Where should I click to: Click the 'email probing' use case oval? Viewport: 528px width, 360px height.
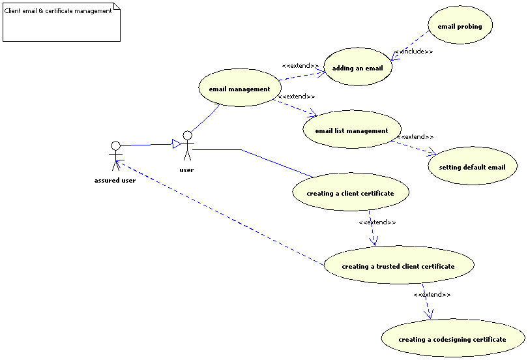[460, 27]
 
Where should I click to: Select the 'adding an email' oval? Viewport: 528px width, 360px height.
[357, 68]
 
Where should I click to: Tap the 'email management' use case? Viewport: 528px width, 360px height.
[239, 89]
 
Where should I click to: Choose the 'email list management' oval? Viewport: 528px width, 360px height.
[351, 130]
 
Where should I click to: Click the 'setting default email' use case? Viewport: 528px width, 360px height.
[472, 167]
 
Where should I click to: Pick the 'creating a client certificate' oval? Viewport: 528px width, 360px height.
[350, 193]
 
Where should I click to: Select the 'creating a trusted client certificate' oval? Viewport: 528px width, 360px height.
[398, 266]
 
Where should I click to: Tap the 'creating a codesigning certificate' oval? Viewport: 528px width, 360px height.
[452, 339]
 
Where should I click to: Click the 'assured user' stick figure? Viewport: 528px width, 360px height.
[115, 155]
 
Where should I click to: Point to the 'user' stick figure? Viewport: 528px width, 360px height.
[187, 145]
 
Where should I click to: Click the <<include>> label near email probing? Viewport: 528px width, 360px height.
[413, 51]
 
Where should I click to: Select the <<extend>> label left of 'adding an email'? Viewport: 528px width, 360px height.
[300, 65]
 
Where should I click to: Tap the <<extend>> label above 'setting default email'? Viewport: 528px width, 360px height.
[415, 137]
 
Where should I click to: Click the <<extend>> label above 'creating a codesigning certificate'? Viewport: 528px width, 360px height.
[432, 295]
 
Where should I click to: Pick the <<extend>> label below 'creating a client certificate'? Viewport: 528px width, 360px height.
[377, 222]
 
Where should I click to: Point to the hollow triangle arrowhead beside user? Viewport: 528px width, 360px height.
[176, 143]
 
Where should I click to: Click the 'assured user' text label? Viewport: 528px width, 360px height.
[115, 181]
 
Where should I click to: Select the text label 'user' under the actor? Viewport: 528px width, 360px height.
[186, 170]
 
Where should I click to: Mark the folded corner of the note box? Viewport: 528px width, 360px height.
[117, 7]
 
